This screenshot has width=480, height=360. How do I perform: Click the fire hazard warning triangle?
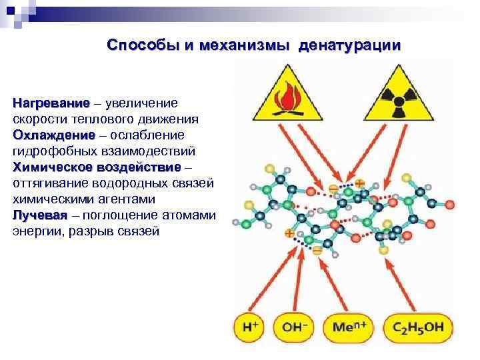point(289,93)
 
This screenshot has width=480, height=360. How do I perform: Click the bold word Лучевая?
point(40,215)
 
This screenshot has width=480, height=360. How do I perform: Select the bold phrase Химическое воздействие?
point(97,167)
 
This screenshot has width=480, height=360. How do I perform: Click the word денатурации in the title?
point(351,45)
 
